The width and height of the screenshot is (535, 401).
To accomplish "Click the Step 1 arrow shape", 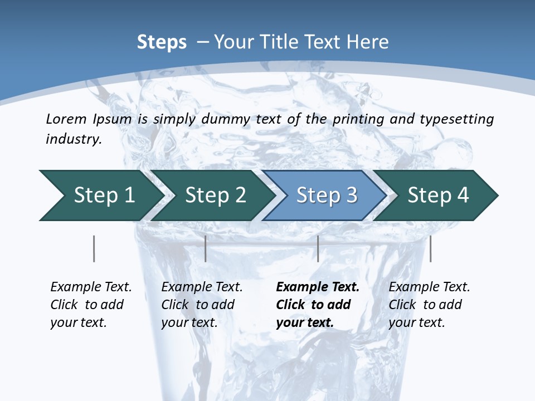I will click(100, 195).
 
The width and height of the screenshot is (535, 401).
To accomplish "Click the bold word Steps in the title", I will click(162, 42).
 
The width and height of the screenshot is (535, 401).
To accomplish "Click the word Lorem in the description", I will click(66, 119).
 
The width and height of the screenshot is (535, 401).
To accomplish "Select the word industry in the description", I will click(74, 139).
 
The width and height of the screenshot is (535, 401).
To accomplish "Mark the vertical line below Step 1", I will click(94, 248).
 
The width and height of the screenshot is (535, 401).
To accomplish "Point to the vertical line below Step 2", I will click(206, 248).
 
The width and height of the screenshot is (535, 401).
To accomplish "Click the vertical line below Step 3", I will click(318, 248).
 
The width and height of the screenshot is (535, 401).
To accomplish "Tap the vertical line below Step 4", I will click(430, 248).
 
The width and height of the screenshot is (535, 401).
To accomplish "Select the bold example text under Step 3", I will click(317, 305).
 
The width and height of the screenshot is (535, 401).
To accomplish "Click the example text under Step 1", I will click(90, 305).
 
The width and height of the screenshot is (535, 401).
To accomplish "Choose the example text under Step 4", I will click(429, 305).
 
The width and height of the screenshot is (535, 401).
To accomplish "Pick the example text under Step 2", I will click(201, 305).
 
